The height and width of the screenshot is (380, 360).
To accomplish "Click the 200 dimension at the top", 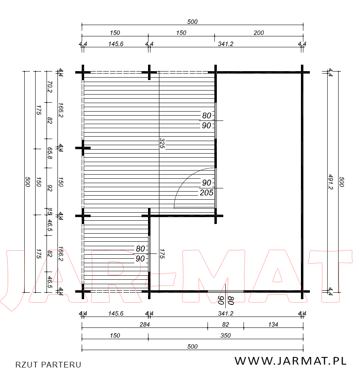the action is click(x=258, y=33).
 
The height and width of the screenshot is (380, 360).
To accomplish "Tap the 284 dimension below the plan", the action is click(x=145, y=325).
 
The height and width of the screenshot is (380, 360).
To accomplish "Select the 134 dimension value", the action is click(x=273, y=325).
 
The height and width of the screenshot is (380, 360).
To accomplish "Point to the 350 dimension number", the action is click(x=225, y=336).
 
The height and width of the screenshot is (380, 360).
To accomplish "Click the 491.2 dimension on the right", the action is click(x=330, y=182).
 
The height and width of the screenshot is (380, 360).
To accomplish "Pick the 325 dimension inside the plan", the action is click(x=162, y=143).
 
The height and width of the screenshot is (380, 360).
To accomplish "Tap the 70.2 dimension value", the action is click(x=49, y=87).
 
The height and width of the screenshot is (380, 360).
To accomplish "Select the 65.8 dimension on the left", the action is click(x=49, y=153).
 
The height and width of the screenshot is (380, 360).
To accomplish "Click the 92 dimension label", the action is click(x=49, y=188).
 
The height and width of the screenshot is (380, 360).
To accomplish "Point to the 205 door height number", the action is click(x=207, y=193).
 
